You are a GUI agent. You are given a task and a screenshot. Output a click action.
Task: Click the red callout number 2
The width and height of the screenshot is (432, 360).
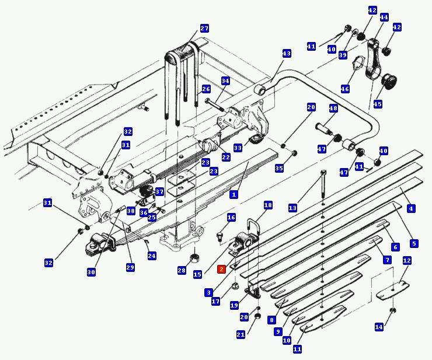221,269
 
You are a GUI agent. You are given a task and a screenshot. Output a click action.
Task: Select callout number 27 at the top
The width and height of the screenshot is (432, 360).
204,29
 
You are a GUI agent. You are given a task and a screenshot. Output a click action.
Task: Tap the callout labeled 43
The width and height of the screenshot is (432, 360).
286,54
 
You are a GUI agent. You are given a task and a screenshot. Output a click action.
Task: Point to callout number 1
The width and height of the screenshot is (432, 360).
234,194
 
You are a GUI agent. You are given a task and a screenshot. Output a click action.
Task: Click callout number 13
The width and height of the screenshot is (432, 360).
292,208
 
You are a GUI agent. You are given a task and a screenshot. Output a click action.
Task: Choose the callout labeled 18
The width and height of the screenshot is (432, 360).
268,205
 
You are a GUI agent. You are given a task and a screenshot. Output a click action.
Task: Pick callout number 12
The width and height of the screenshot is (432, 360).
407,261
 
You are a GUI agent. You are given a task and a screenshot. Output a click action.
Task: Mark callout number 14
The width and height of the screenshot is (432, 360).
379,327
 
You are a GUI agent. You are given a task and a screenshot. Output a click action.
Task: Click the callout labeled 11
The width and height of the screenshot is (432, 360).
297,349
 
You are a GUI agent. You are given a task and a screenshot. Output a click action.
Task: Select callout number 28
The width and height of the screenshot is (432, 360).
182,271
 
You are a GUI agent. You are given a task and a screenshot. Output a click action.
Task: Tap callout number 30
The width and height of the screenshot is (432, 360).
91,272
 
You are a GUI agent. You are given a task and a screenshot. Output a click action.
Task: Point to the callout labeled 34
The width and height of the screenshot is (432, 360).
225,81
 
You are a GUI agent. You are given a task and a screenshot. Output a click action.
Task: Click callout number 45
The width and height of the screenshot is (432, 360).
378,104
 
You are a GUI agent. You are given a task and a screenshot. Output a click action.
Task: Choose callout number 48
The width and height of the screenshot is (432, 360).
333,109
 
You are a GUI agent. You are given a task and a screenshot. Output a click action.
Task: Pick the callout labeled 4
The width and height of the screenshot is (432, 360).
411,208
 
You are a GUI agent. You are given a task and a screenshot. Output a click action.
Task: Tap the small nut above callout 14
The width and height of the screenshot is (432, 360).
392,310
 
